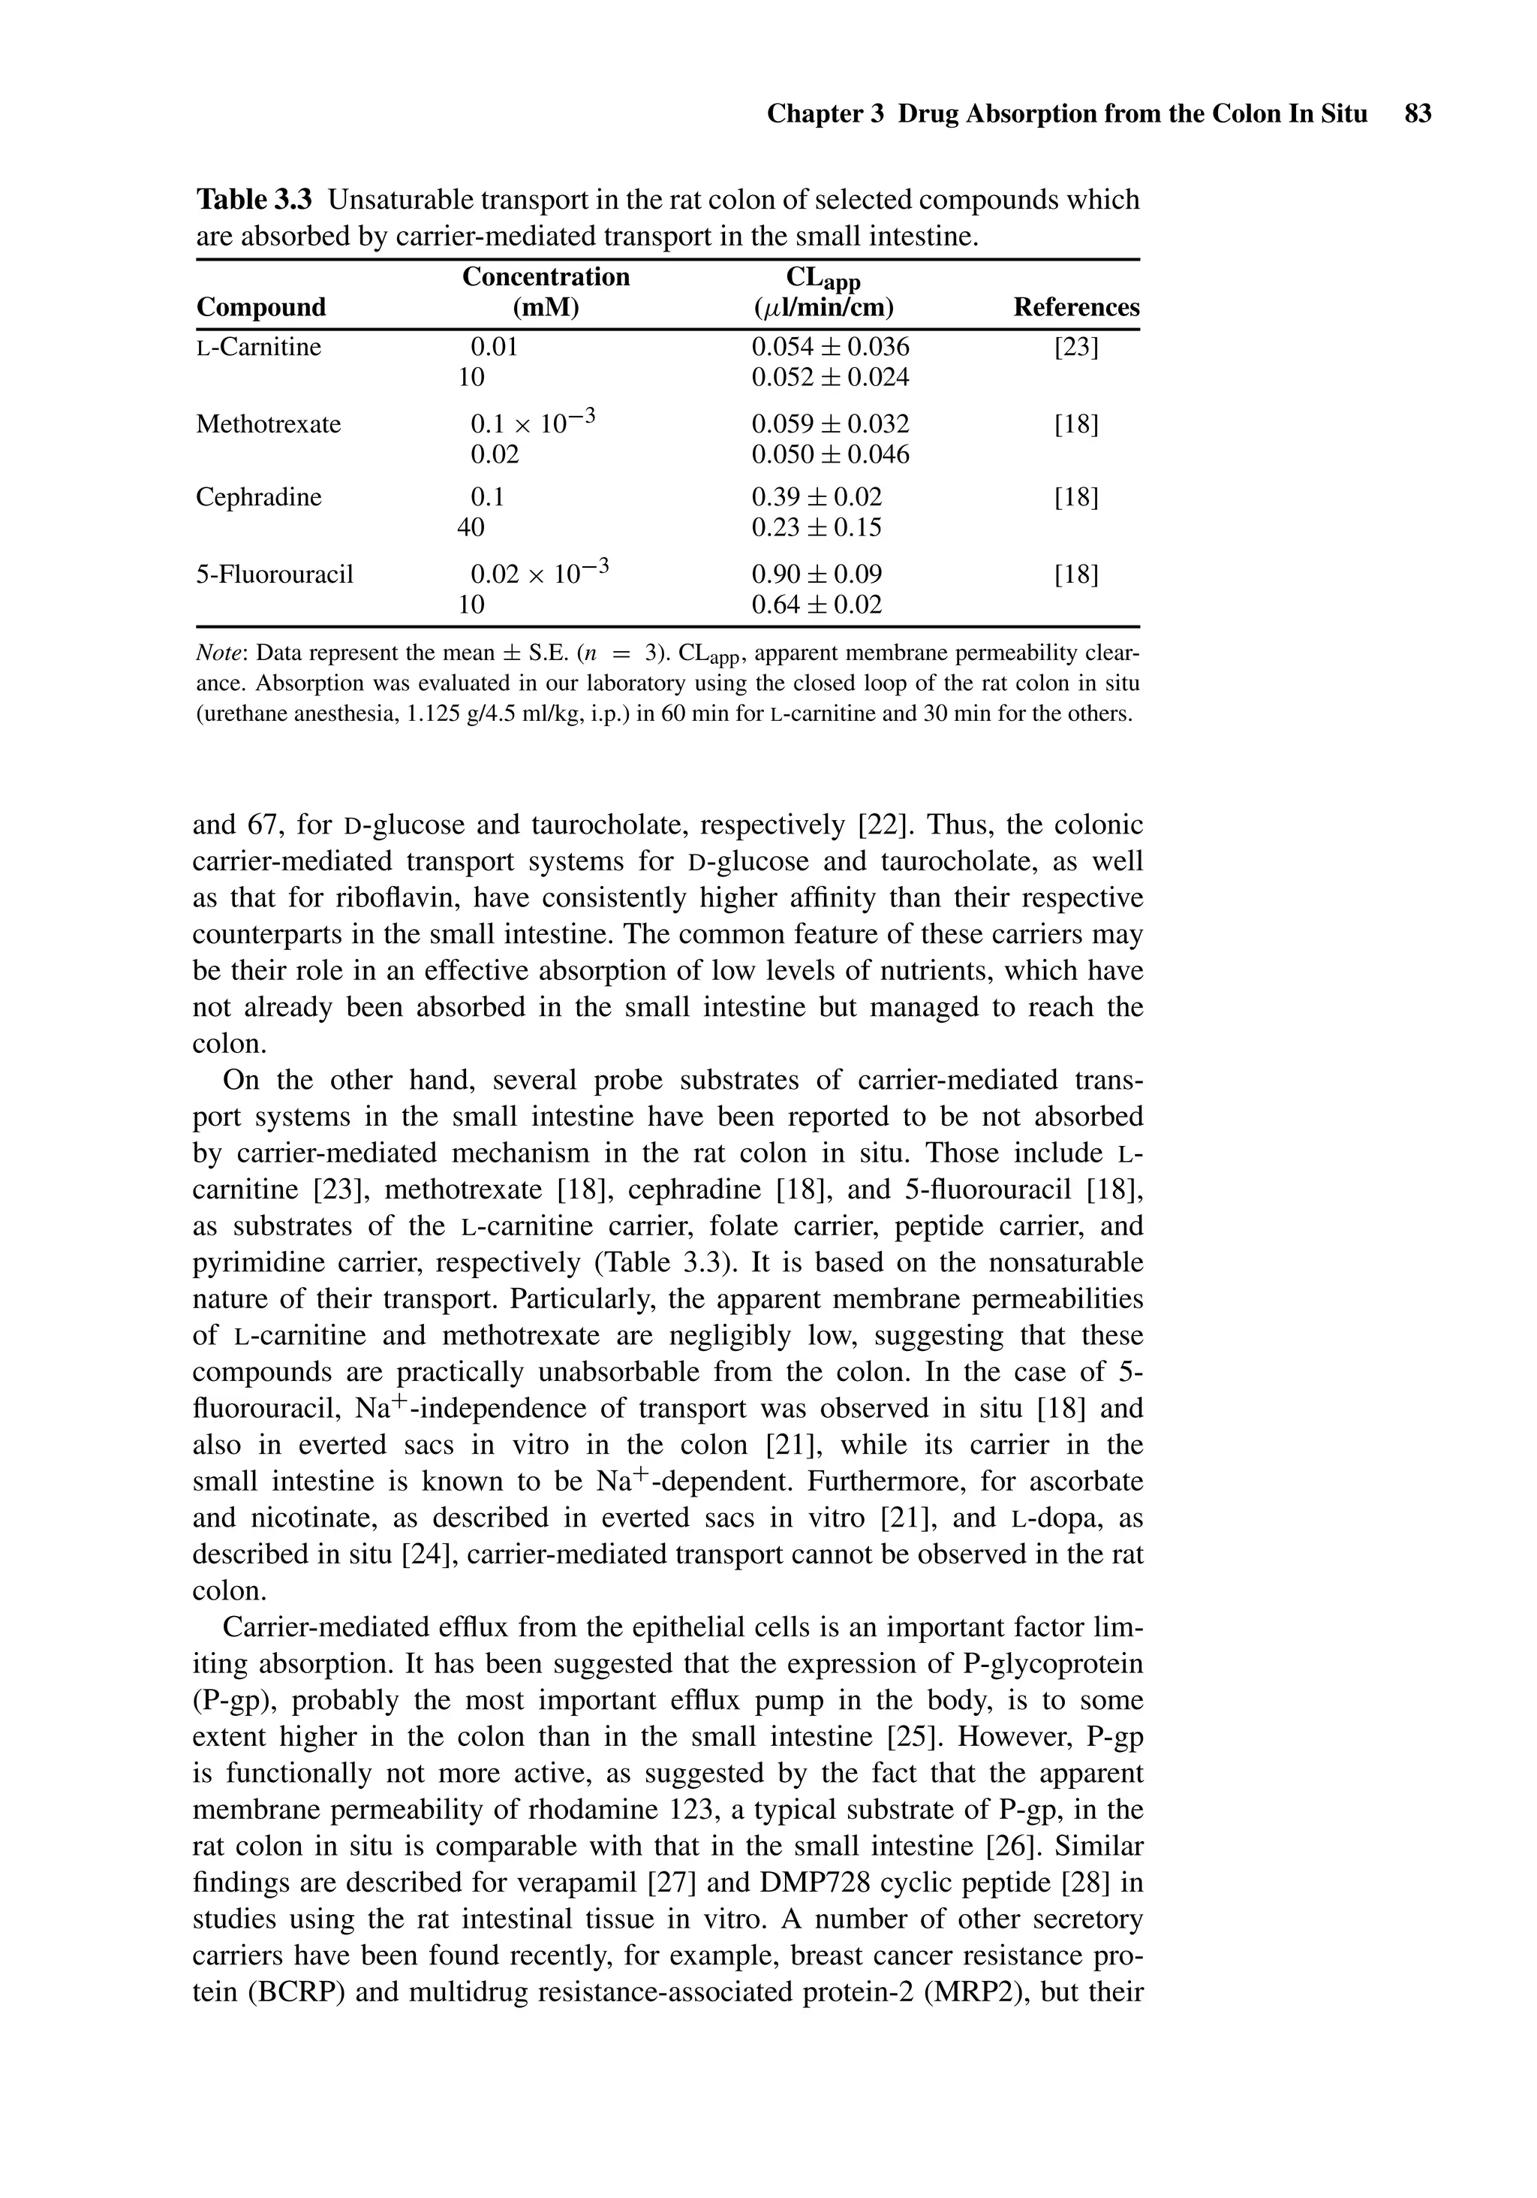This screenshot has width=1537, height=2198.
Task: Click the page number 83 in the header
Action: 1418,114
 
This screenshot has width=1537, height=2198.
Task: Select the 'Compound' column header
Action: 260,307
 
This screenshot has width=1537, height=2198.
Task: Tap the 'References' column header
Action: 1075,307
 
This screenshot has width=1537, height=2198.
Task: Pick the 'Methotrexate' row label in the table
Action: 268,424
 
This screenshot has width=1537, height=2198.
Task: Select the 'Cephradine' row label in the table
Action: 258,497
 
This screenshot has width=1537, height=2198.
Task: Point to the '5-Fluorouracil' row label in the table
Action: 275,574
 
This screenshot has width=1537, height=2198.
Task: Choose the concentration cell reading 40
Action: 471,527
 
